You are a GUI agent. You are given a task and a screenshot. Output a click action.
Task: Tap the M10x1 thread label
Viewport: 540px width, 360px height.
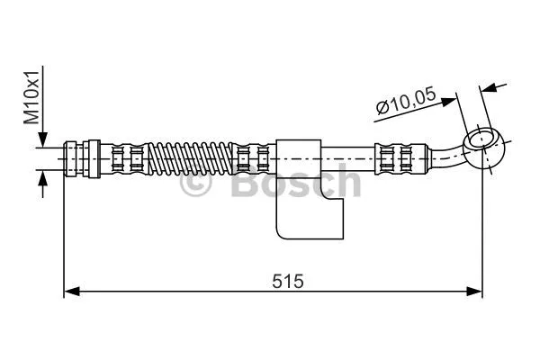point(31,99)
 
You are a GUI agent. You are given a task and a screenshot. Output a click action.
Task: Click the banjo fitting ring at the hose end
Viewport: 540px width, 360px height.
point(482,143)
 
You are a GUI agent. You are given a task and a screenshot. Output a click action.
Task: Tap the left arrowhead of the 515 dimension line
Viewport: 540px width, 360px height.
point(71,291)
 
